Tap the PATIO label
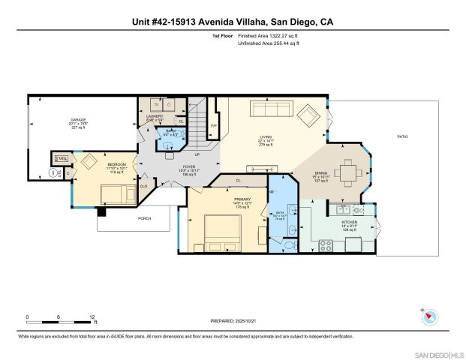click(x=403, y=136)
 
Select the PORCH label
click(x=144, y=218)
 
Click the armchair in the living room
click(x=308, y=116)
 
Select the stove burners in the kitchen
click(x=327, y=243)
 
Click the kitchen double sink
click(x=346, y=208)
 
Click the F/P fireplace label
click(x=214, y=125)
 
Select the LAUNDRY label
click(x=154, y=116)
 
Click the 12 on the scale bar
click(x=94, y=316)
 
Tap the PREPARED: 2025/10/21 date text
click(x=233, y=321)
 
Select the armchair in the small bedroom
click(x=90, y=162)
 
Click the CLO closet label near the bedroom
click(x=143, y=184)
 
